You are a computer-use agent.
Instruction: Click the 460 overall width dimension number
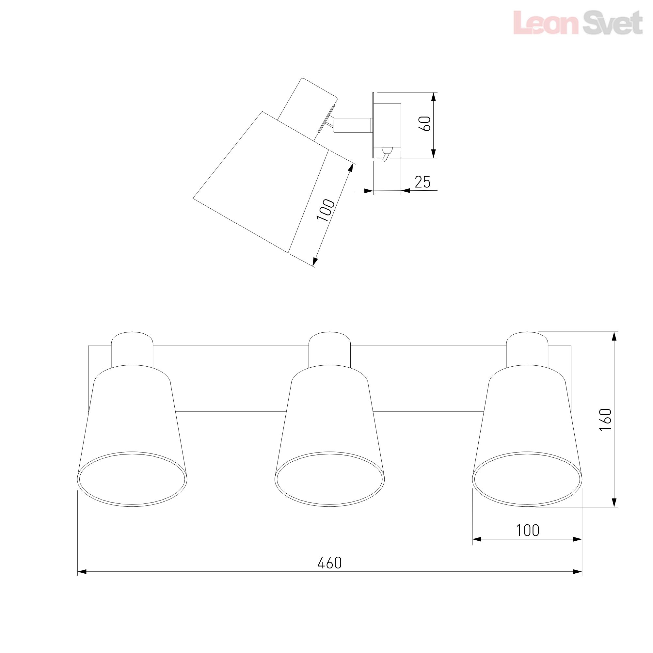[x=329, y=563]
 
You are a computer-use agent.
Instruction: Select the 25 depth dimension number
[x=422, y=182]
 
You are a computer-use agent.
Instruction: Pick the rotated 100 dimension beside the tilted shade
[x=326, y=210]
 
